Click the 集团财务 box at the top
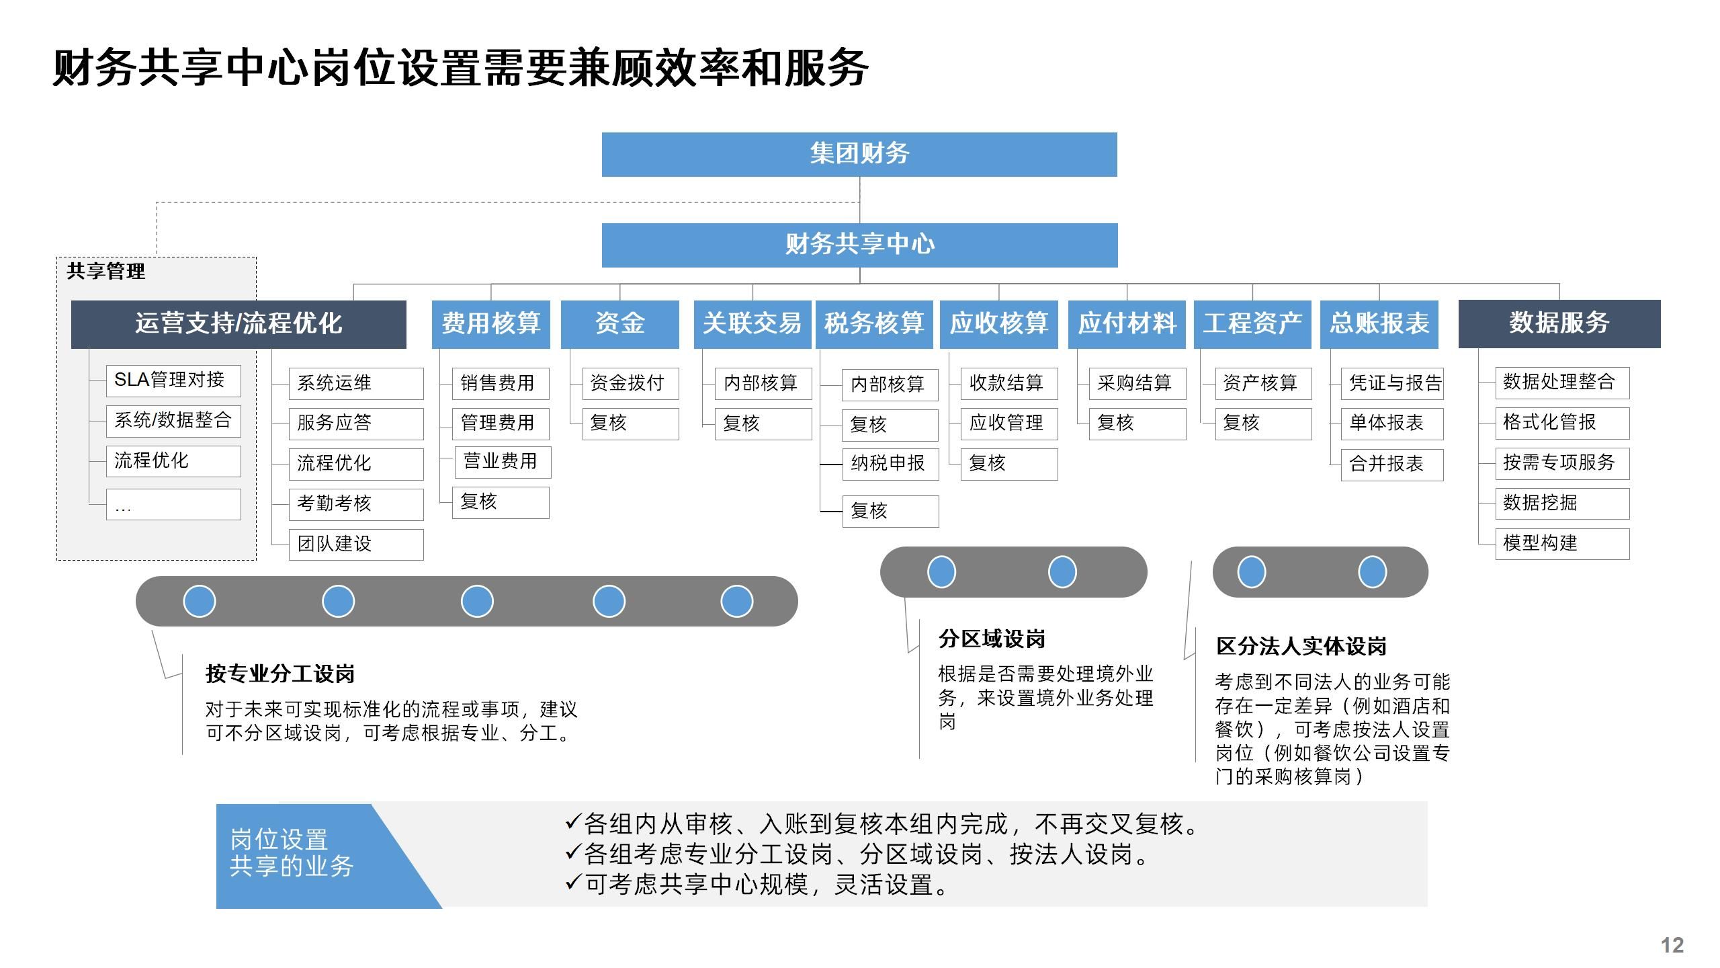click(x=859, y=155)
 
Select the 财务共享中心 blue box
click(x=859, y=245)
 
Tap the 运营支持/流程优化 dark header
click(x=239, y=324)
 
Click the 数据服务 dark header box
click(x=1559, y=324)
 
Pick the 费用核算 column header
click(x=490, y=324)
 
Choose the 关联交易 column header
click(x=752, y=324)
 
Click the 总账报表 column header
click(x=1379, y=324)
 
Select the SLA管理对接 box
click(x=173, y=380)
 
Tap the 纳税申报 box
click(x=890, y=464)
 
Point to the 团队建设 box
click(x=356, y=544)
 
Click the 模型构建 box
click(x=1562, y=544)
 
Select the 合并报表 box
click(x=1391, y=465)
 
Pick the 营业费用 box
click(x=503, y=462)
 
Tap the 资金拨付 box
click(x=630, y=384)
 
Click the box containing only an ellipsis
click(x=173, y=505)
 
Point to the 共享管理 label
click(x=106, y=272)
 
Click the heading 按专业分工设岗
click(x=280, y=674)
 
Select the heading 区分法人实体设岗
click(x=1301, y=647)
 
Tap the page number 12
click(x=1672, y=945)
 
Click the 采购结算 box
click(x=1137, y=384)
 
